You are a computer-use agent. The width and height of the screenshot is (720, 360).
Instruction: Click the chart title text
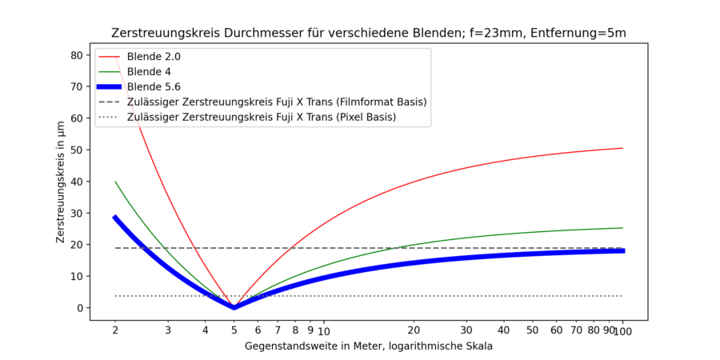(x=368, y=34)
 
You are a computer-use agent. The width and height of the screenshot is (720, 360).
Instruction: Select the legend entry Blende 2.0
(x=154, y=58)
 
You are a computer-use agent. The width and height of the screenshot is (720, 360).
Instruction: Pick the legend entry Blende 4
(x=150, y=72)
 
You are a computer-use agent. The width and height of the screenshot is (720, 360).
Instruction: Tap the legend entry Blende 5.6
(x=154, y=86)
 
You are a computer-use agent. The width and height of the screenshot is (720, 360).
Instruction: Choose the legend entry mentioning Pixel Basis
(x=261, y=117)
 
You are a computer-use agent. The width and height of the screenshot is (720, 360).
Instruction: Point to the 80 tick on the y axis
(x=77, y=55)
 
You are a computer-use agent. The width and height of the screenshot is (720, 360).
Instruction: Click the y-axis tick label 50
(x=77, y=150)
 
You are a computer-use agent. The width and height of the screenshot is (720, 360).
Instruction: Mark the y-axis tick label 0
(x=80, y=308)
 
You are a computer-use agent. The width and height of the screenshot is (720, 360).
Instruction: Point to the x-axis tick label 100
(x=622, y=330)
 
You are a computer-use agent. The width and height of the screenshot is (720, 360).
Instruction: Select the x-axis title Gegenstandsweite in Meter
(x=368, y=346)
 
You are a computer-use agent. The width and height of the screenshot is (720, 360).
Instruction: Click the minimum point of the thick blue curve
(x=234, y=307)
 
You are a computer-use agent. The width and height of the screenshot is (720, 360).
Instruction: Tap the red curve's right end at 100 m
(x=622, y=148)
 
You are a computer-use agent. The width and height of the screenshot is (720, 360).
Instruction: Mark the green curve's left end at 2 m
(x=115, y=182)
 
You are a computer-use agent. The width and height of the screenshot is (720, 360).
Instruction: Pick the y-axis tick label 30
(x=77, y=213)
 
